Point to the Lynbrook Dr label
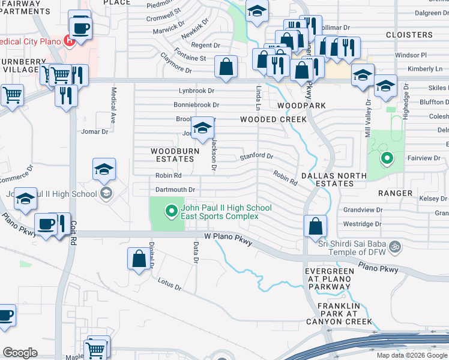pos(196,91)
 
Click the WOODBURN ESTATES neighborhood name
pos(172,155)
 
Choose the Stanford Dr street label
pos(256,156)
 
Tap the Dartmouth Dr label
pos(175,190)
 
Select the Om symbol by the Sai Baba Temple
pos(394,246)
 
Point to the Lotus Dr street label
pos(169,284)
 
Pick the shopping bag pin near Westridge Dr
pos(315,227)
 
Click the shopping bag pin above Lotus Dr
pos(139,259)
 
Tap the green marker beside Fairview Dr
pos(387,158)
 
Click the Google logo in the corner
pos(20,353)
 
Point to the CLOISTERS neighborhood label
pos(409,35)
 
